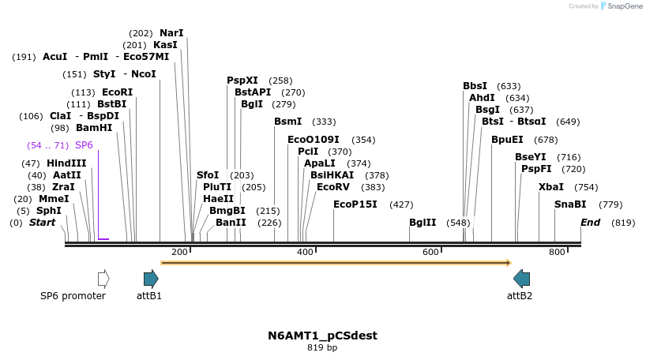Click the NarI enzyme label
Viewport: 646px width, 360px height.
pos(171,33)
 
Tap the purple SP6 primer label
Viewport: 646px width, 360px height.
pos(84,145)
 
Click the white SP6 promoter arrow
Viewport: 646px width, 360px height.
pos(103,279)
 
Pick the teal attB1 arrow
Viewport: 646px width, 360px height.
pos(151,279)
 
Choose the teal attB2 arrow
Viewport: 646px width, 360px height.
pos(521,279)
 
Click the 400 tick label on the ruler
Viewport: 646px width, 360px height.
pos(305,252)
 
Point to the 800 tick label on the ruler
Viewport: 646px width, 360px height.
pos(557,252)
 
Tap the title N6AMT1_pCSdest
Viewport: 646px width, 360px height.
pos(322,336)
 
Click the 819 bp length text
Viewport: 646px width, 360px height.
pos(322,347)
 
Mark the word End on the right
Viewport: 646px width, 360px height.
pos(591,223)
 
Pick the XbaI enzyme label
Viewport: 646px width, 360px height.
pos(551,187)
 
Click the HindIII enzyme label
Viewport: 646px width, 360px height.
pos(66,163)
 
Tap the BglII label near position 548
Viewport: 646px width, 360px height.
pos(423,223)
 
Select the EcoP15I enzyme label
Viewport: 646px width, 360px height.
pos(355,204)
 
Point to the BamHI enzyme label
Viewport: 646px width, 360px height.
pos(94,128)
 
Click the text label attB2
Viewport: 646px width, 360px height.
pos(520,296)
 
